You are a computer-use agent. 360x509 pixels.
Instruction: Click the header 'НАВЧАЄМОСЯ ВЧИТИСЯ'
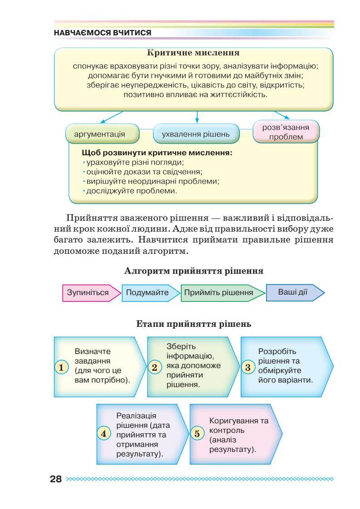click(x=102, y=34)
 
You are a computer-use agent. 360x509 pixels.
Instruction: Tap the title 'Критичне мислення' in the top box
click(x=194, y=54)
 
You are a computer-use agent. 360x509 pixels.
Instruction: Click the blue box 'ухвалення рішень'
click(x=196, y=134)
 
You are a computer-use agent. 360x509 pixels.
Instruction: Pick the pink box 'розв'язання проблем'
click(x=286, y=132)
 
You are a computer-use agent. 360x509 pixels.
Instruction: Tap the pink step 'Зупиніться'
click(x=88, y=292)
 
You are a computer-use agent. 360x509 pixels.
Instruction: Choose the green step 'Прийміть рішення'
click(x=219, y=292)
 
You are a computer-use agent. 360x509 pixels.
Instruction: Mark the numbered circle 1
click(x=61, y=367)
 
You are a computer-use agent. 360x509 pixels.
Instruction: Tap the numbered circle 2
click(x=154, y=367)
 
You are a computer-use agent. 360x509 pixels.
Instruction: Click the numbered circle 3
click(x=248, y=367)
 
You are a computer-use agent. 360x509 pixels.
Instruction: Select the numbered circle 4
click(x=104, y=433)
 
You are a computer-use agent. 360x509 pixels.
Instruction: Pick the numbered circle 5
click(x=197, y=433)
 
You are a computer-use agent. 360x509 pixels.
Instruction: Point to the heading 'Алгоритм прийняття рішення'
click(x=194, y=271)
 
